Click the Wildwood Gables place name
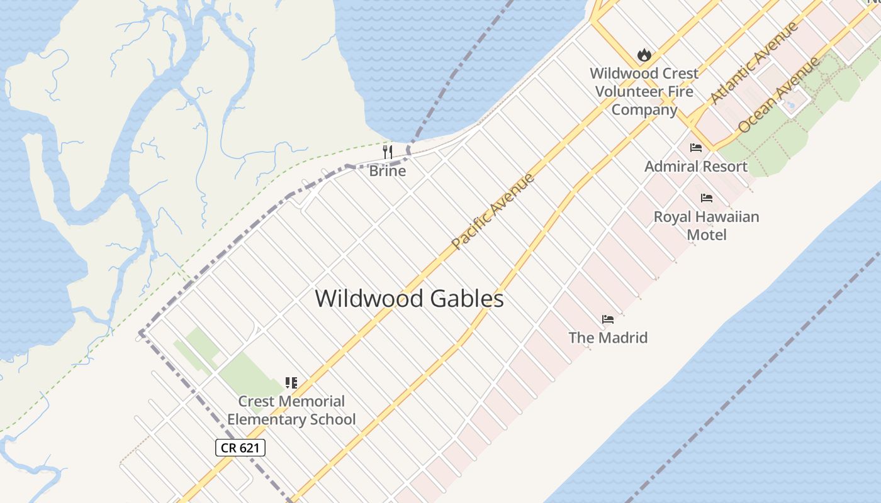tap(409, 299)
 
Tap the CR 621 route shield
tap(240, 448)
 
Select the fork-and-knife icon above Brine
tap(388, 152)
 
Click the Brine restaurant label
tap(387, 171)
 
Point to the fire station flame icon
tap(644, 55)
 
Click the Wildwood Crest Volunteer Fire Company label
tap(644, 91)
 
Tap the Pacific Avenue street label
tap(493, 210)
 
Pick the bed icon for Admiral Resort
tap(695, 148)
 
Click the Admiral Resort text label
tap(695, 167)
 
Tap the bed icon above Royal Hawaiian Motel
tap(706, 198)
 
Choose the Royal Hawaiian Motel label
tap(706, 226)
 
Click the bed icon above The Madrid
tap(607, 319)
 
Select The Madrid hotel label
tap(607, 338)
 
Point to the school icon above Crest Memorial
tap(291, 382)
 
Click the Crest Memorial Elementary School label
tap(291, 410)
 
